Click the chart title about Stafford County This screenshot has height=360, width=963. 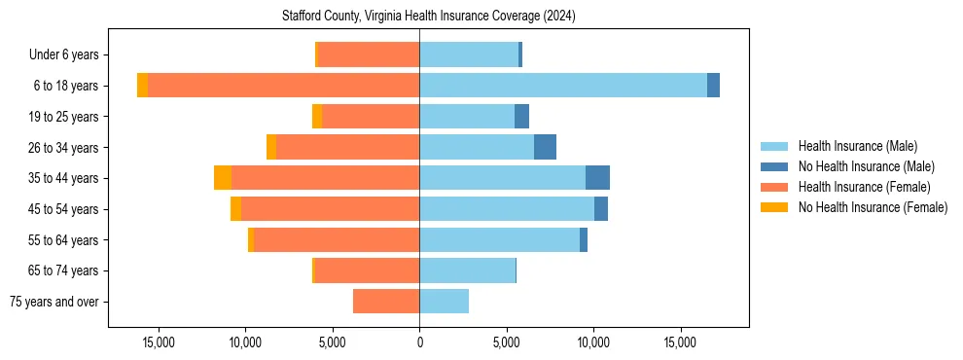click(429, 17)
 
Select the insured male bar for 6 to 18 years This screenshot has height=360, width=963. click(563, 86)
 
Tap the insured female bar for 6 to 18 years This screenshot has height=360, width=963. click(283, 86)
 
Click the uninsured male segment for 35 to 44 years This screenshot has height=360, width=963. click(597, 178)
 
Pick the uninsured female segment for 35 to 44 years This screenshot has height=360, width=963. click(223, 178)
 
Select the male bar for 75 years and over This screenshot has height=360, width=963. click(444, 302)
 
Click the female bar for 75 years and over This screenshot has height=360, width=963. click(386, 302)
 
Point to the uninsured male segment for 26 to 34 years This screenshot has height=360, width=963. click(545, 147)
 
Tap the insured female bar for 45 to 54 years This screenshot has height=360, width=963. click(330, 209)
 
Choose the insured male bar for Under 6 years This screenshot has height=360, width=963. click(469, 54)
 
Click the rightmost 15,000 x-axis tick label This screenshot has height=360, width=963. click(680, 342)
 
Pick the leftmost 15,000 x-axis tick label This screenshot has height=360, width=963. click(159, 342)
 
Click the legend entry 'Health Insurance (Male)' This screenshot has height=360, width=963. click(857, 146)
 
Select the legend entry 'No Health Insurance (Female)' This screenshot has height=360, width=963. click(873, 207)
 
